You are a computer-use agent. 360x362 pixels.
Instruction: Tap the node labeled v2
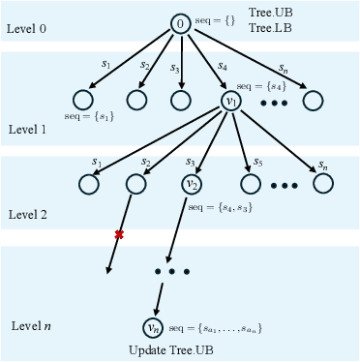point(193,183)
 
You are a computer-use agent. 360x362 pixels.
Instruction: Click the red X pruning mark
point(120,235)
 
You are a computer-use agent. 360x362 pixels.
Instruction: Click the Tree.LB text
point(267,28)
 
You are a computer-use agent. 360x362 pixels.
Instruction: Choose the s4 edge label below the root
point(223,66)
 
